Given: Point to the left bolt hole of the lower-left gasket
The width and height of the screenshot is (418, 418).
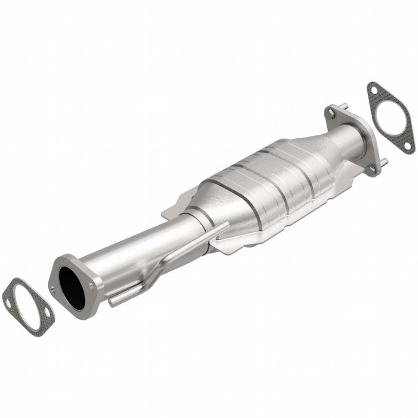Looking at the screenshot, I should pyautogui.click(x=7, y=302).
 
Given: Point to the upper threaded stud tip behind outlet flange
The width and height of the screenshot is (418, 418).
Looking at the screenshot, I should pyautogui.click(x=345, y=106).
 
